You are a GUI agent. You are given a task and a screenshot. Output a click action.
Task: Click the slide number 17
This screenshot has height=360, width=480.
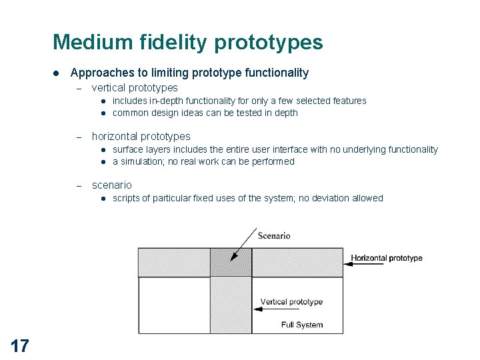click(20, 345)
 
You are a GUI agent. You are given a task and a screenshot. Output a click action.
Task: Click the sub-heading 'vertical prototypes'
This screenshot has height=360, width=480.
click(135, 87)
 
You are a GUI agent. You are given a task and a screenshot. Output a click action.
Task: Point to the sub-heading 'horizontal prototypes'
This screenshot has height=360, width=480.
click(141, 136)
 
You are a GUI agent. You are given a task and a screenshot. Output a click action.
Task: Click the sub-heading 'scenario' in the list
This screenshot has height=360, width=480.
click(112, 185)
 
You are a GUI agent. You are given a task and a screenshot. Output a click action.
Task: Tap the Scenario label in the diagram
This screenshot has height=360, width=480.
click(273, 235)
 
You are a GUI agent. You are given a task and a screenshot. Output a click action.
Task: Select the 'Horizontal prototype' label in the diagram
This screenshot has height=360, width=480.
click(387, 258)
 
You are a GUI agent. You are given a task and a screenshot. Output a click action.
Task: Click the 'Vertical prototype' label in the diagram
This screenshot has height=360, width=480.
click(291, 301)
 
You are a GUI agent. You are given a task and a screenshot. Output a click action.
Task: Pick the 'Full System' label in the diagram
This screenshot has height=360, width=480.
click(302, 325)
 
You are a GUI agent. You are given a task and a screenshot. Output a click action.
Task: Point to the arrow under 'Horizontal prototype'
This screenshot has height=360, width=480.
click(367, 264)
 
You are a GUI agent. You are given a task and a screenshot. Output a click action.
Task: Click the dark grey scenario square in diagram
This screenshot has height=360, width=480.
click(231, 262)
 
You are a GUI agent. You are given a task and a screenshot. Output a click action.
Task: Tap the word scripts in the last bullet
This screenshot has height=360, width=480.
click(126, 198)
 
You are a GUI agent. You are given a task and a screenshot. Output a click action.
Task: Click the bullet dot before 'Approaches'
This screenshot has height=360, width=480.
click(57, 73)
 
